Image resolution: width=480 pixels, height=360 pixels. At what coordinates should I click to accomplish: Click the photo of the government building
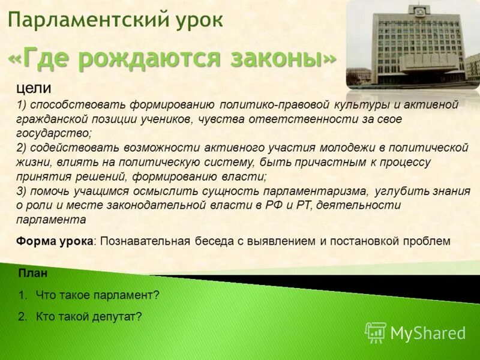tap(413, 45)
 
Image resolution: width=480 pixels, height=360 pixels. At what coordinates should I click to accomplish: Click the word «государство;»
tap(54, 134)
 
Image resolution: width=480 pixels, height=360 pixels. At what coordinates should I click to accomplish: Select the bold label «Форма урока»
tap(55, 241)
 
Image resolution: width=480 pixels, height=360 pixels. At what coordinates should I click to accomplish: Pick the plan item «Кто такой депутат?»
tap(89, 316)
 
